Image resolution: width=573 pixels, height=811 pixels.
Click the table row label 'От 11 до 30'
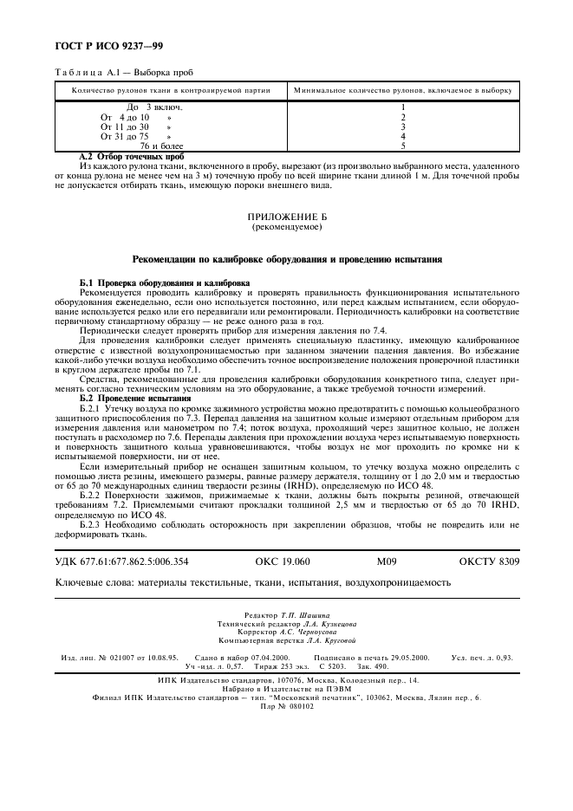tap(125, 127)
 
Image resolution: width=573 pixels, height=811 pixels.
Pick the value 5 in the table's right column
tap(403, 146)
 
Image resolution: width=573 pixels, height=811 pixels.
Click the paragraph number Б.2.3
tap(94, 524)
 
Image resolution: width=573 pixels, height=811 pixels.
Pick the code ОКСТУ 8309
tap(489, 561)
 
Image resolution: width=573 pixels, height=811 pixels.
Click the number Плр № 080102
tap(285, 706)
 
